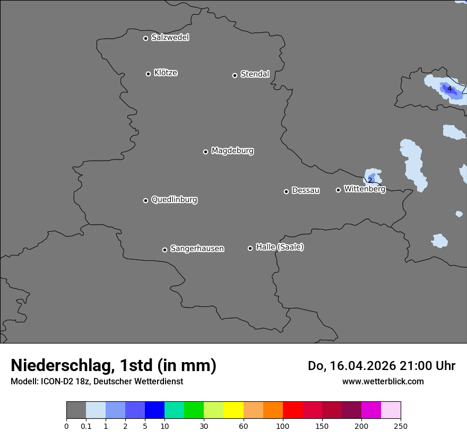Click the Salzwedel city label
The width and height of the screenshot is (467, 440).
(x=170, y=38)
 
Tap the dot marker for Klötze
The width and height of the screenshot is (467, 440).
(x=148, y=74)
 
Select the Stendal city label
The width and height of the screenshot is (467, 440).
(x=255, y=74)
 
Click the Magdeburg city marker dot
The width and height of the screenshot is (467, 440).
(x=205, y=152)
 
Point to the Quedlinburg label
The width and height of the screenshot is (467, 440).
(x=174, y=200)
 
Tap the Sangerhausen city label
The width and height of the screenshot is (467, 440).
(x=197, y=249)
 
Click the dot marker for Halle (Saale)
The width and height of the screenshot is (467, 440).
(x=250, y=248)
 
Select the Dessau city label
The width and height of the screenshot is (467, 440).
(x=306, y=190)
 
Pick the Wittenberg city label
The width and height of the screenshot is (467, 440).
(x=365, y=189)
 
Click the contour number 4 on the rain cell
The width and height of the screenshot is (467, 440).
(x=449, y=89)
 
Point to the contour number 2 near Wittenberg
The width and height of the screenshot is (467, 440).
(x=370, y=180)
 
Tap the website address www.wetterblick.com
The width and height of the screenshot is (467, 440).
(x=383, y=381)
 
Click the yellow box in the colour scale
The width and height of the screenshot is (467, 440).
(x=233, y=410)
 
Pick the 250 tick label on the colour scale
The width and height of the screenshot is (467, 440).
(x=401, y=426)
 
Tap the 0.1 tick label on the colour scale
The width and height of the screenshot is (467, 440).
(x=86, y=426)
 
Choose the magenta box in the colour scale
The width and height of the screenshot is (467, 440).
(x=371, y=410)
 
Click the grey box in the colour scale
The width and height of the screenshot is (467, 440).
(x=76, y=410)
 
